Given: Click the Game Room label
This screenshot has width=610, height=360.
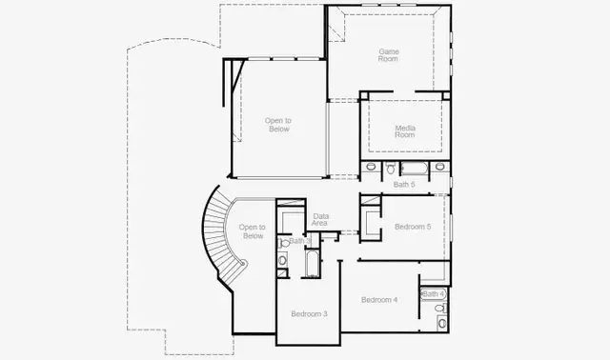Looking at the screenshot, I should (388, 54).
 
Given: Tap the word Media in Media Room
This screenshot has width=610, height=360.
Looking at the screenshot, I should (405, 128).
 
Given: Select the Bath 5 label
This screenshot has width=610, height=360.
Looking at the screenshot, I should (404, 184).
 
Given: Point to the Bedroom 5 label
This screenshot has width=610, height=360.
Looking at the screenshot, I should (413, 227).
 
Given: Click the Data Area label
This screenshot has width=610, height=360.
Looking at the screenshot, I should (321, 220).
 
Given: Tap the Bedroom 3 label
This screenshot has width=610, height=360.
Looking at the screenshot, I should (309, 313).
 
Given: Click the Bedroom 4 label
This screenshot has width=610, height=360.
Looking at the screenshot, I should (379, 300).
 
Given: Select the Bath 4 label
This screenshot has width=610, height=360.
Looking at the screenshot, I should (434, 293).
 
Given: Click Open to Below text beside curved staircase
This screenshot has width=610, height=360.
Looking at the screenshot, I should (252, 231).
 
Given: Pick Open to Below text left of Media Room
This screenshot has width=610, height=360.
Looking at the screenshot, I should (278, 125).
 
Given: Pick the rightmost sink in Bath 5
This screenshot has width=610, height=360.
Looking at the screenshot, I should (439, 168).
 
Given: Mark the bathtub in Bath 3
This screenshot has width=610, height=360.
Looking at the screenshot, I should (311, 263).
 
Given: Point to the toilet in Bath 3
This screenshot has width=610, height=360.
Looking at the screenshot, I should (283, 259).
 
